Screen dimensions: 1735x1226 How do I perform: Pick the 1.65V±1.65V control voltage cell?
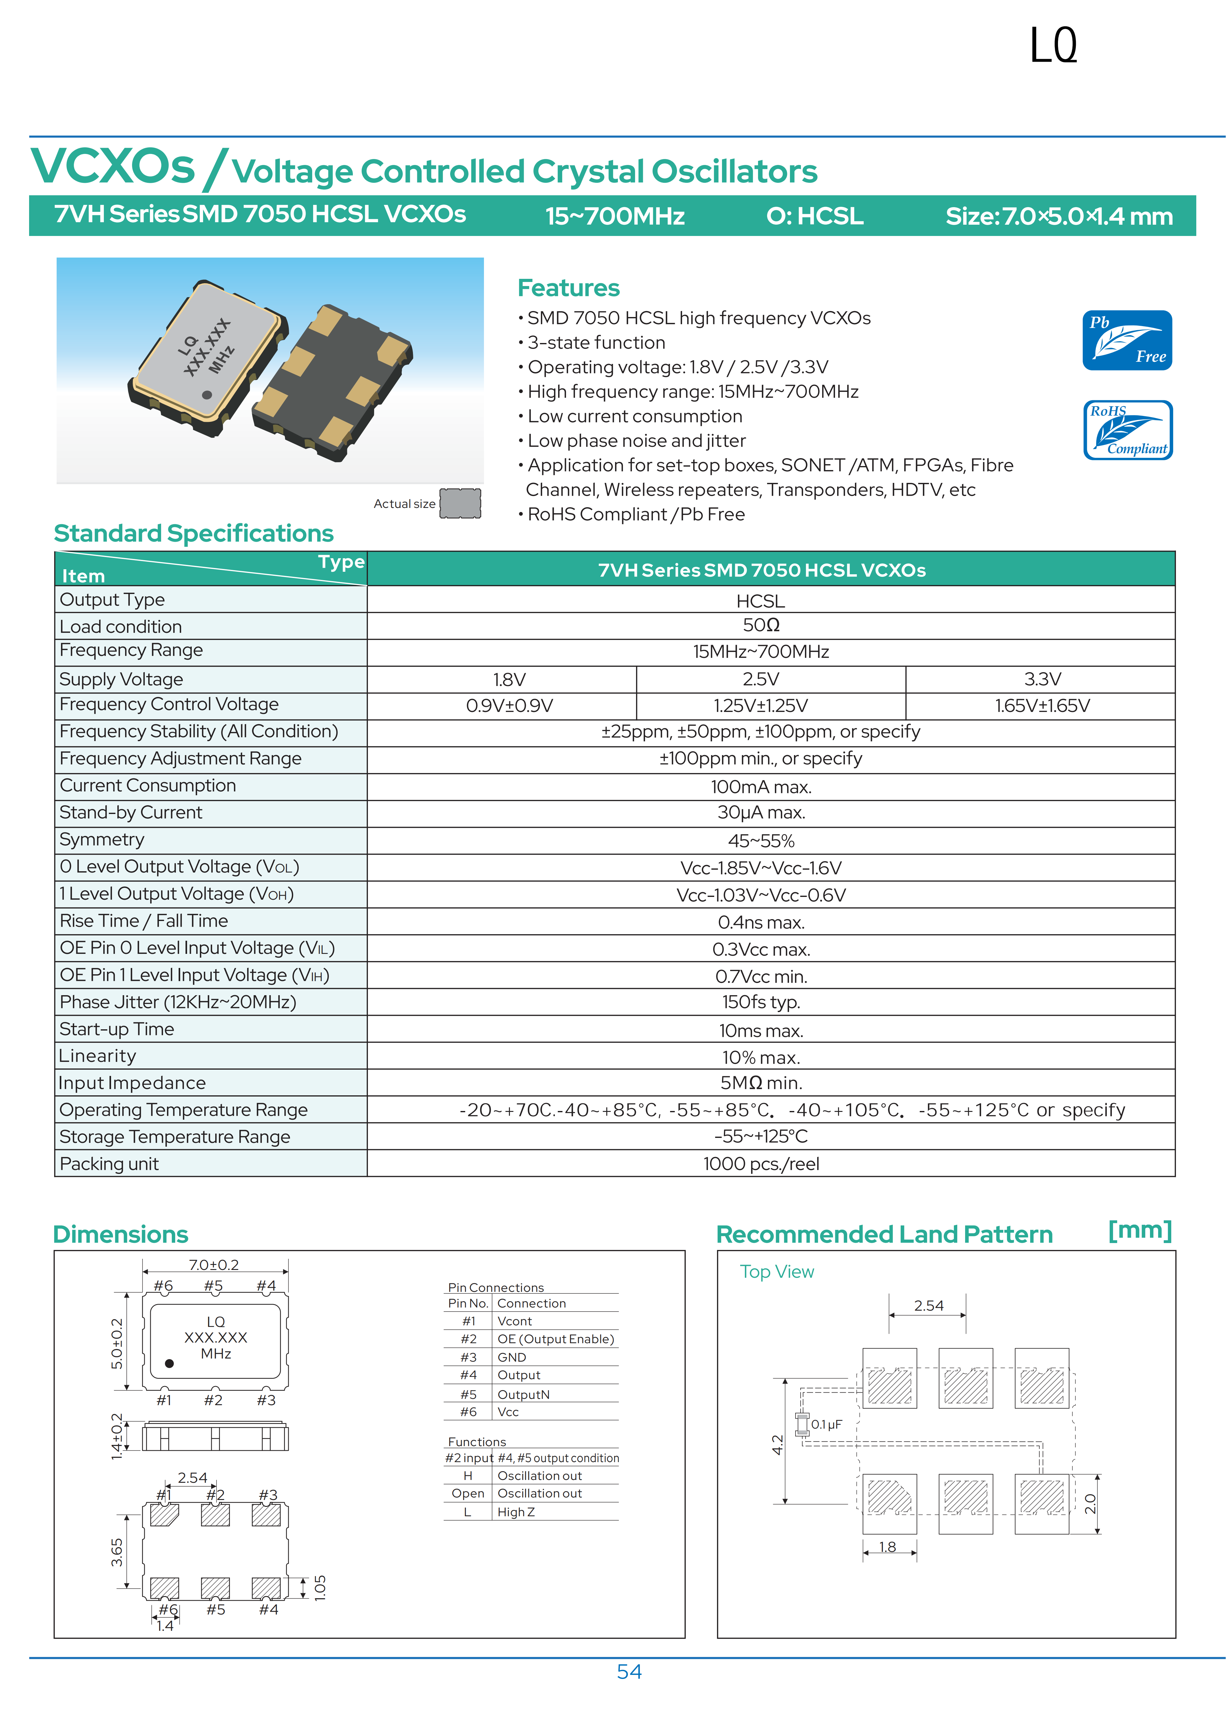pyautogui.click(x=1042, y=706)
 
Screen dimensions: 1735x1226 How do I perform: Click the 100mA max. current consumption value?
pyautogui.click(x=761, y=787)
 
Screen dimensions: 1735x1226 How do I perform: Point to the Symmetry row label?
pyautogui.click(x=102, y=840)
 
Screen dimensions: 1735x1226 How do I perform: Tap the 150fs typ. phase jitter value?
pyautogui.click(x=761, y=1002)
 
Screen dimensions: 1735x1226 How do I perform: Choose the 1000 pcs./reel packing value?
pyautogui.click(x=761, y=1164)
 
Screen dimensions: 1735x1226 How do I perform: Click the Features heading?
pyautogui.click(x=568, y=288)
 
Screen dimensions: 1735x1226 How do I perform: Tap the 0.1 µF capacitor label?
pyautogui.click(x=827, y=1425)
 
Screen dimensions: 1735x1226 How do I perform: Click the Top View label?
pyautogui.click(x=776, y=1272)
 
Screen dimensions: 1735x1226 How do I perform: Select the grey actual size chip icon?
pyautogui.click(x=460, y=503)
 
